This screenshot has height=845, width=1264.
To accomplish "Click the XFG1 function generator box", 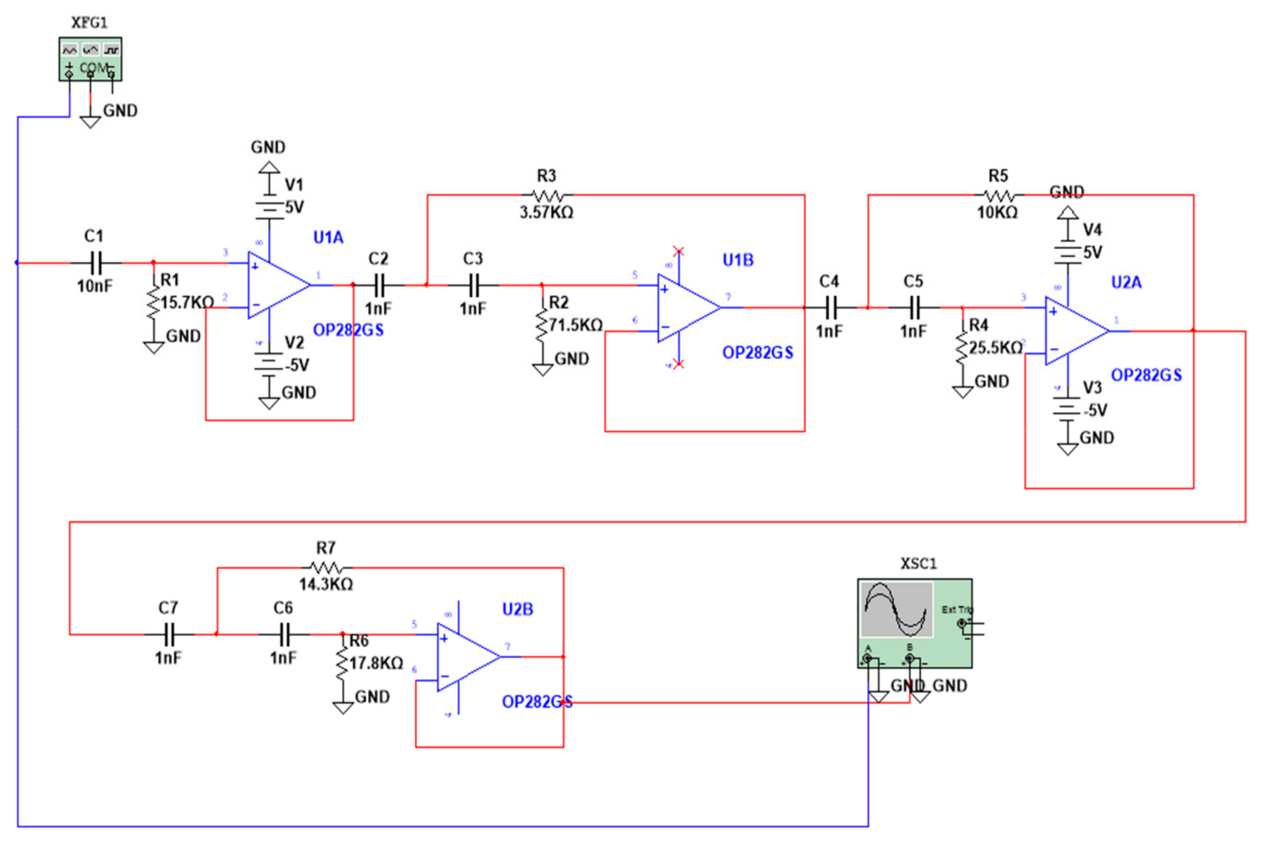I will tap(90, 59).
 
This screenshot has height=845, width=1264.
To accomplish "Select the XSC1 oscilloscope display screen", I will tap(896, 610).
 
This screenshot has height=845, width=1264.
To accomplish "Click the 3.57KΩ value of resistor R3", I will tap(546, 212).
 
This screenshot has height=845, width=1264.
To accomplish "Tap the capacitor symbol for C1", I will tap(95, 263).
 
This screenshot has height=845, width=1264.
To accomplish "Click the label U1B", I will tap(738, 260).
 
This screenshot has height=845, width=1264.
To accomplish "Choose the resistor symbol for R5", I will tap(998, 195).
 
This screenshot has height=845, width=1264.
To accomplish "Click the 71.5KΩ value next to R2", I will tap(575, 325).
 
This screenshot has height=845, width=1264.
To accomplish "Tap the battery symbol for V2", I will tap(269, 362).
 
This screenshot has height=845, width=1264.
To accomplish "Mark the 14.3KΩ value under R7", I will tap(326, 584).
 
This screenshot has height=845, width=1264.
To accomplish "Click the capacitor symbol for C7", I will tap(169, 634).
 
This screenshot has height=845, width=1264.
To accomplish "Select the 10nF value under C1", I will tap(95, 285).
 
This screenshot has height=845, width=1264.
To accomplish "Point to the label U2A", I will tap(1126, 282).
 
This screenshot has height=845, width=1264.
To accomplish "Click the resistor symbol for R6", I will tap(342, 664).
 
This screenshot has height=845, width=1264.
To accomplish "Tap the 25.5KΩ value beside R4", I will tap(995, 348).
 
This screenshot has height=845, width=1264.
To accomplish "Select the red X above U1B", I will tap(679, 251).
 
